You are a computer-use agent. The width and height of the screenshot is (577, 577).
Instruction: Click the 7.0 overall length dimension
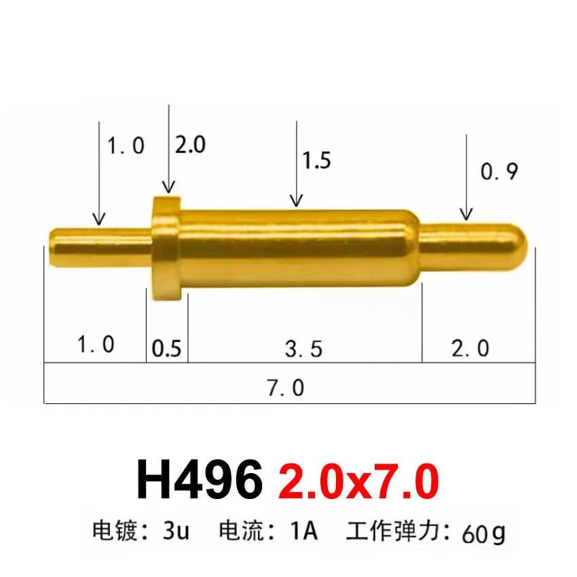285,388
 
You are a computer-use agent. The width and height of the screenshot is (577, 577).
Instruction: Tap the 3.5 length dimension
303,349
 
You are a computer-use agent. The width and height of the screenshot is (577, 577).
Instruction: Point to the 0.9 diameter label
499,172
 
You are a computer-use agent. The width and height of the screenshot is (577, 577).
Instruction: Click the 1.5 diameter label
316,160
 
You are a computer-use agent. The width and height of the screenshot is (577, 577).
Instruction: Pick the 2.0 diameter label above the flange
190,145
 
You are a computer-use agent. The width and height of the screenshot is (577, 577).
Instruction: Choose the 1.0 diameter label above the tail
126,145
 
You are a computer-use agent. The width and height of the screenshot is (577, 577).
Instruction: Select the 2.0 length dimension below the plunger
470,348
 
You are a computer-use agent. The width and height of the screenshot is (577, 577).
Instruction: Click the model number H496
200,481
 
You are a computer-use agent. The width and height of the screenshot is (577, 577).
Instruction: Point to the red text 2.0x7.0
358,481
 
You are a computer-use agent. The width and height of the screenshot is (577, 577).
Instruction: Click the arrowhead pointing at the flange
168,188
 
